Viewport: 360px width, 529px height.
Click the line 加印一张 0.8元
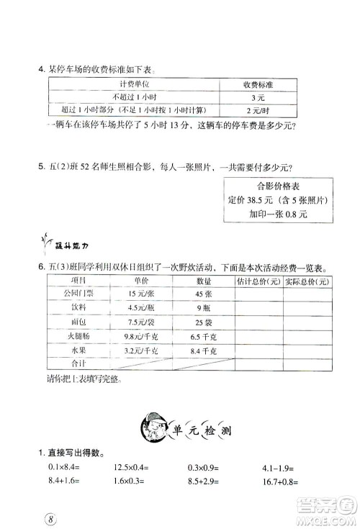268,214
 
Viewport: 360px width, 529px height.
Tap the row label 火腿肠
68,335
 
